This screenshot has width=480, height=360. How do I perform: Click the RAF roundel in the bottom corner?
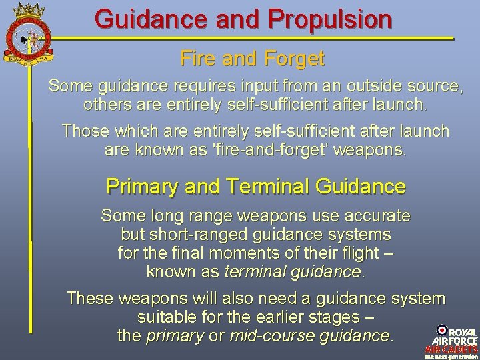(x=443, y=330)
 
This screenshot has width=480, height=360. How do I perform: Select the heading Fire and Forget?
(x=252, y=59)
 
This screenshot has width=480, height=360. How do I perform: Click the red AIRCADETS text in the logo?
(x=451, y=349)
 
